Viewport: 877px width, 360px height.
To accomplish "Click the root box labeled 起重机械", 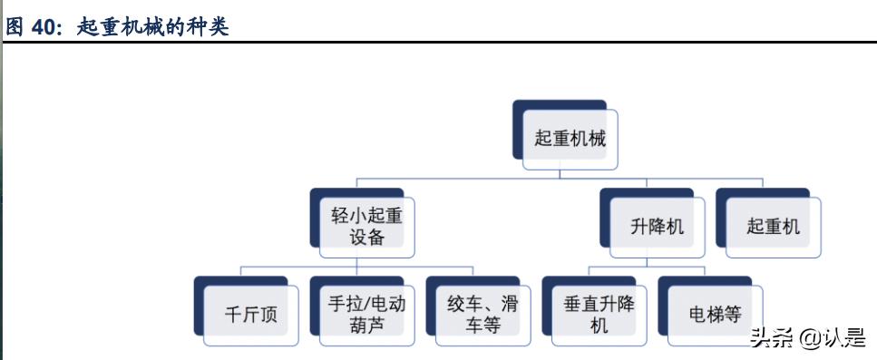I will [570, 140].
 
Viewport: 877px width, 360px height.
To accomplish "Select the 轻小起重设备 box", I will [365, 227].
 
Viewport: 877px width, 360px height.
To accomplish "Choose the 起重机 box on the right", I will [774, 227].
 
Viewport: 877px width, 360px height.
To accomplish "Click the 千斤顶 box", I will [251, 316].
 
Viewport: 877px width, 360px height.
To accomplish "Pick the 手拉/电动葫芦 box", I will [366, 315].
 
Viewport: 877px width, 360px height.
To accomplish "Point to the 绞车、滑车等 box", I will [482, 315].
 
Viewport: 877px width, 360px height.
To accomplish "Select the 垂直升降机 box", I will [599, 315].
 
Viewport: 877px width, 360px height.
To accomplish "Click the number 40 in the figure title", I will [44, 27].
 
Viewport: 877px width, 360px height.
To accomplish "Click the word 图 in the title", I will [15, 27].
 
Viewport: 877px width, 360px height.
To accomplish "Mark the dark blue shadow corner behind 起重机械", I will [520, 107].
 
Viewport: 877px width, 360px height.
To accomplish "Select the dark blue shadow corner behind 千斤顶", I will [200, 283].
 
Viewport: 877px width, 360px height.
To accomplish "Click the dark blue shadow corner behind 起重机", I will [722, 194].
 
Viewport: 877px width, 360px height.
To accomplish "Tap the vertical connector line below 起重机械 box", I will [570, 173].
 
